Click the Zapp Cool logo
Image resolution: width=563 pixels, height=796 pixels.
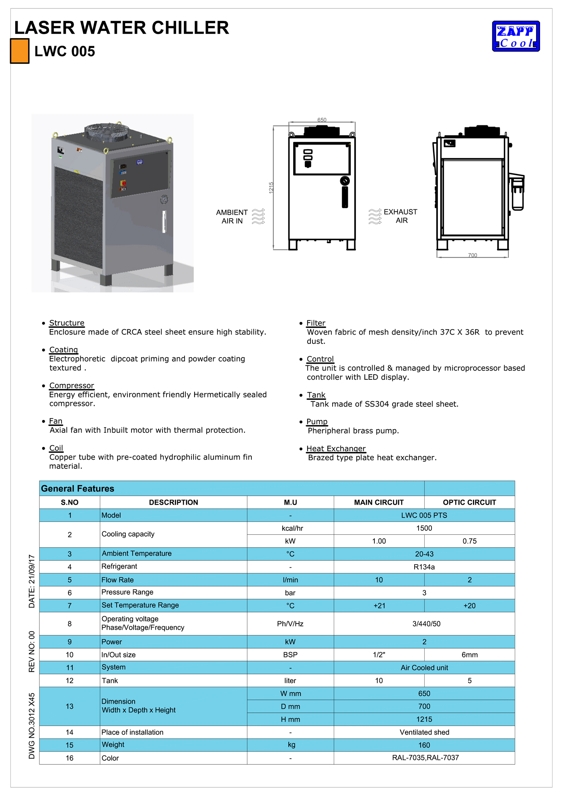pyautogui.click(x=516, y=36)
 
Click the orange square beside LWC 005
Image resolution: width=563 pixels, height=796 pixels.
pyautogui.click(x=20, y=51)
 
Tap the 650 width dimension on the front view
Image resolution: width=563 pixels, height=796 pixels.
pyautogui.click(x=322, y=120)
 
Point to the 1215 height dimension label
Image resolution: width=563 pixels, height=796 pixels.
pyautogui.click(x=271, y=188)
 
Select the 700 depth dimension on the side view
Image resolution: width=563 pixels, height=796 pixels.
pyautogui.click(x=473, y=255)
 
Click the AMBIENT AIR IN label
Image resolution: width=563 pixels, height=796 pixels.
pyautogui.click(x=232, y=217)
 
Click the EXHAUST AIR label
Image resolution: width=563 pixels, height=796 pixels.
pyautogui.click(x=401, y=216)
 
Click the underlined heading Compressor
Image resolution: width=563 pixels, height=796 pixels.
pyautogui.click(x=72, y=386)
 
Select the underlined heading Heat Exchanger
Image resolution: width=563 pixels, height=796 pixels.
pyautogui.click(x=336, y=448)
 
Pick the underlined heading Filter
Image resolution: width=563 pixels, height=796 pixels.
pyautogui.click(x=316, y=323)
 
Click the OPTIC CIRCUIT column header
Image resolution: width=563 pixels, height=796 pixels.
pyautogui.click(x=469, y=502)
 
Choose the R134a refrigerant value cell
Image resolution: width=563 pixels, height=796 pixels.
pyautogui.click(x=424, y=567)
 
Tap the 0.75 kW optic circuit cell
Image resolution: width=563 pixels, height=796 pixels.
pyautogui.click(x=469, y=541)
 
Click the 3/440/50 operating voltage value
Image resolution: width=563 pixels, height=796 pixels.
pyautogui.click(x=426, y=624)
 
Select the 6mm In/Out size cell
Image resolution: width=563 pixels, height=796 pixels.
pyautogui.click(x=469, y=655)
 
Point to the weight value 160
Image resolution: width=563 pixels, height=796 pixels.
pyautogui.click(x=424, y=745)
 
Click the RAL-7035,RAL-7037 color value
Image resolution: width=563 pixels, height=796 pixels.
pyautogui.click(x=425, y=758)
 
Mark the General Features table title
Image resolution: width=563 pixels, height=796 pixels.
pyautogui.click(x=78, y=489)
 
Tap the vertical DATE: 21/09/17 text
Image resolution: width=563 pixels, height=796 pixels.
pyautogui.click(x=32, y=581)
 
